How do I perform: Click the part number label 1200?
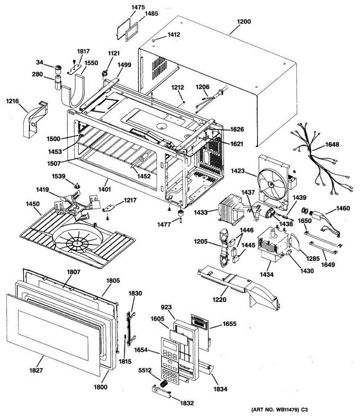point(244,22)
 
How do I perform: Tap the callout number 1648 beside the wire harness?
point(332,145)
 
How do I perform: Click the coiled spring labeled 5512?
point(164,384)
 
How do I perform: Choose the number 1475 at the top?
point(138,7)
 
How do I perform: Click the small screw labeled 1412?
point(153,41)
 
